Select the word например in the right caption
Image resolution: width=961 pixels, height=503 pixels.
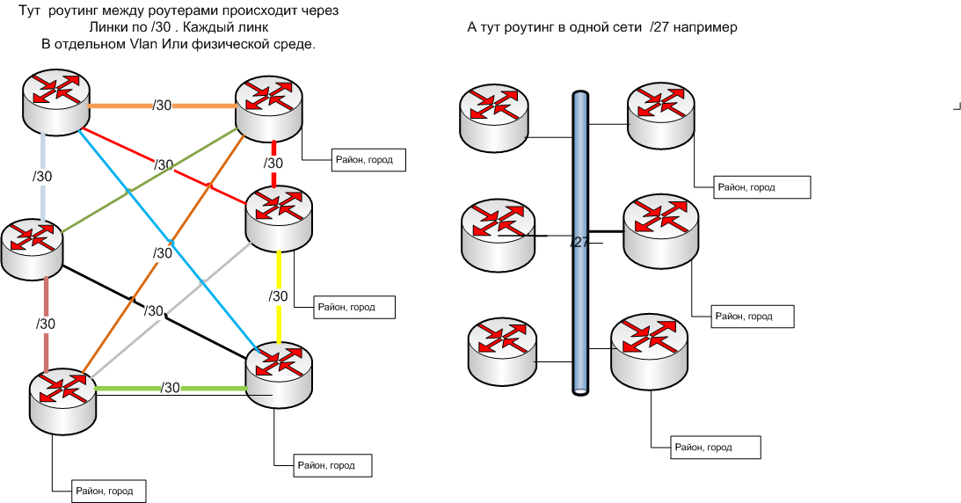pos(703,27)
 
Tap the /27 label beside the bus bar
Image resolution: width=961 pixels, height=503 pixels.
pos(579,242)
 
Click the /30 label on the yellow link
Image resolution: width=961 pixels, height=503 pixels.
pos(279,296)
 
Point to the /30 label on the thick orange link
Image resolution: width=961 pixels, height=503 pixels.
pos(162,106)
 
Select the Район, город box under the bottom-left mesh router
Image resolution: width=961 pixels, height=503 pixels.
pos(98,491)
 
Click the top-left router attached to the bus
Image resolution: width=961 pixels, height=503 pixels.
pos(493,114)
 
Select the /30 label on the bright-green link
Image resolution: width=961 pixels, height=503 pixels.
pos(171,388)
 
